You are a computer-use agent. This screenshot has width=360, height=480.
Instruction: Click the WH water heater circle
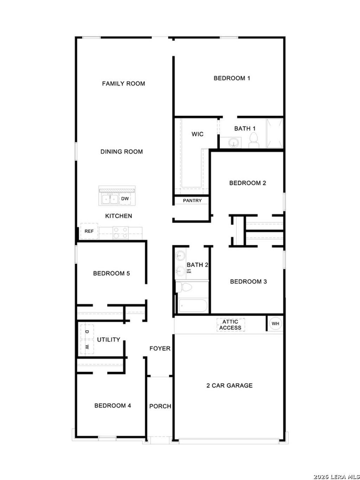[x=275, y=324]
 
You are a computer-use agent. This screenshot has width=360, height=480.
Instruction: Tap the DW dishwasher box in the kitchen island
[x=125, y=199]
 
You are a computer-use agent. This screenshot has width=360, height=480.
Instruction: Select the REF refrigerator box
[x=89, y=231]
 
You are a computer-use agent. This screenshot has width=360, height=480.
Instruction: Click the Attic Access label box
[x=230, y=325]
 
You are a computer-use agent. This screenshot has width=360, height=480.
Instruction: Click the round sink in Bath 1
[x=233, y=142]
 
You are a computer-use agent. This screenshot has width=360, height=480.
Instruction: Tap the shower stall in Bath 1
[x=274, y=133]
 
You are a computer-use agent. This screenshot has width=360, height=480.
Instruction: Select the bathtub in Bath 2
[x=192, y=305]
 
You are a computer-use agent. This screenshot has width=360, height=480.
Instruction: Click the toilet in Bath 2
[x=184, y=287]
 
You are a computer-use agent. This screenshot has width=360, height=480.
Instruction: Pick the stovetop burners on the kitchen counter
[x=121, y=232]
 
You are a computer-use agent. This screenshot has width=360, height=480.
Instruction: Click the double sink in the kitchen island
[x=110, y=199]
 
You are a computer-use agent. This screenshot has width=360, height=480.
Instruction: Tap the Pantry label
[x=192, y=200]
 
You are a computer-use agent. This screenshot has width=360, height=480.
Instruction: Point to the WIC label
[x=197, y=134]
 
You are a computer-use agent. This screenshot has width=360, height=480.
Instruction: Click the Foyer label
[x=160, y=348]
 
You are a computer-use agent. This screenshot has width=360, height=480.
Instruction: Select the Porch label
[x=160, y=406]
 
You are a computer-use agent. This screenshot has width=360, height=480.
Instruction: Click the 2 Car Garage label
[x=229, y=385]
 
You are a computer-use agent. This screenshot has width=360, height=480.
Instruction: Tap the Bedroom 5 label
[x=111, y=273]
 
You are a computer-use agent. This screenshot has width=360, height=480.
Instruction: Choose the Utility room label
[x=108, y=339]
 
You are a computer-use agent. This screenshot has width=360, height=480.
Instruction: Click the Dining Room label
[x=122, y=152]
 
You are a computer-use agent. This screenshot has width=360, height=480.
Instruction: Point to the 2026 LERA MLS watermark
[x=336, y=476]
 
